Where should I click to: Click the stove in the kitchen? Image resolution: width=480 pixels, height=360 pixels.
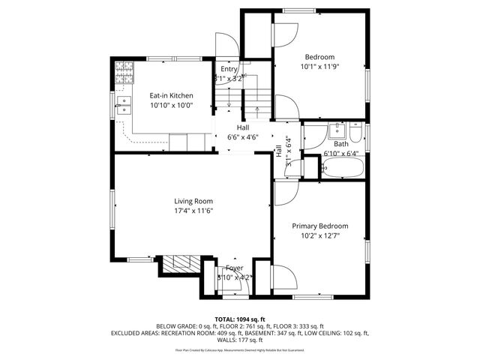coord(123,73)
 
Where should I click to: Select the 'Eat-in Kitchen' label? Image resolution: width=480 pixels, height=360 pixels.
coord(171,95)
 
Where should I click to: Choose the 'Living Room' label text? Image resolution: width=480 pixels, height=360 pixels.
coord(193,201)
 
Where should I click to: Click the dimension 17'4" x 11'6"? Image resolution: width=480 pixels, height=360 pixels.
coord(193,211)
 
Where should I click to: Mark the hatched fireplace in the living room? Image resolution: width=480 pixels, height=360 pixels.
coord(179,262)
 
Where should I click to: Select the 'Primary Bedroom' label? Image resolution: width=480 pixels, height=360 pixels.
coord(320,226)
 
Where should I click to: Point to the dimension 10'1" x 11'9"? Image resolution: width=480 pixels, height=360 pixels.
coord(319,67)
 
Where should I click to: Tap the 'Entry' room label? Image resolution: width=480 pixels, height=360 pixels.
coord(229,69)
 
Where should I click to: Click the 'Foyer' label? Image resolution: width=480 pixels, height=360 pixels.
coord(235,268)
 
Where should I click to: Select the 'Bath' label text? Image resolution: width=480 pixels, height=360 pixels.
coord(341,144)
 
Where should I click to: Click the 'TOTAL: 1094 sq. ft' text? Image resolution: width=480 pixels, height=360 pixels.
coord(240,319)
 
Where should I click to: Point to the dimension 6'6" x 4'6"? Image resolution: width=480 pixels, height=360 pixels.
coord(242,137)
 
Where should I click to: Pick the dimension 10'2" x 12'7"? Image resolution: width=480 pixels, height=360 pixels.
coord(320,235)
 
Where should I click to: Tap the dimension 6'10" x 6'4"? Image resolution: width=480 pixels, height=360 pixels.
coord(341,154)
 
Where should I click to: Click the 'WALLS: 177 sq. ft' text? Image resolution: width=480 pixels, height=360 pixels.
coord(240,339)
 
